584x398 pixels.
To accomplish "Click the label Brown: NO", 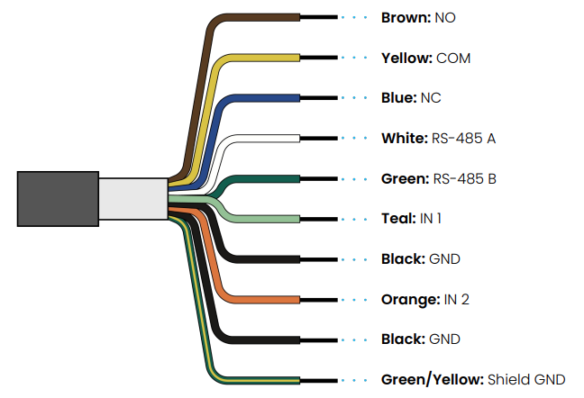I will [x=420, y=18].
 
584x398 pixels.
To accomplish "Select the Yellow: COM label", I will [x=425, y=59].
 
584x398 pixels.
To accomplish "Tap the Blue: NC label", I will [x=411, y=98].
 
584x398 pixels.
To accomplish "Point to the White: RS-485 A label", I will [x=439, y=139].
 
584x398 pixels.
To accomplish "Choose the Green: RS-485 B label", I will [x=439, y=178].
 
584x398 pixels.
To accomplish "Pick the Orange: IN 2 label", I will [x=425, y=299].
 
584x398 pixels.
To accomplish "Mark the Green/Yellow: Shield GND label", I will [x=473, y=379].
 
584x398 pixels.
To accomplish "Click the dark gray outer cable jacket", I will [x=57, y=198].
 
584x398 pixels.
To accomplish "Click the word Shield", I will [x=509, y=379].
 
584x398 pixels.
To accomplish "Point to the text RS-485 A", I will [x=463, y=139].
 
